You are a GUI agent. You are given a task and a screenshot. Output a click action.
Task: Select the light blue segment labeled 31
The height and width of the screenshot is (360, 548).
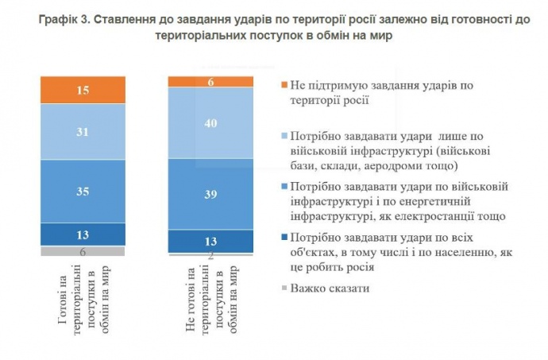coord(83,132)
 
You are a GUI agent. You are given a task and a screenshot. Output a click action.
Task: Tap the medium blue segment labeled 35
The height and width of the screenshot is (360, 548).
coord(83,191)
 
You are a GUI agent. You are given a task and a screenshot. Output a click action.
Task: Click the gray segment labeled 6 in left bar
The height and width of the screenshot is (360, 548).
coord(83,250)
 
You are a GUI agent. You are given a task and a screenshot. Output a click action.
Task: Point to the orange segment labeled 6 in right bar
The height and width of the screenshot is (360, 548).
coord(210,81)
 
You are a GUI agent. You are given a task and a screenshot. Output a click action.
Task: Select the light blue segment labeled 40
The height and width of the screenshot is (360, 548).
coord(210,123)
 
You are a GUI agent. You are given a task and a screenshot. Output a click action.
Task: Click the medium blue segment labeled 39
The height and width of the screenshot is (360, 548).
coord(210,194)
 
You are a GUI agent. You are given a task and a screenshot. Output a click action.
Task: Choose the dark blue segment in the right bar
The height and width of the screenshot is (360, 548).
coord(210,241)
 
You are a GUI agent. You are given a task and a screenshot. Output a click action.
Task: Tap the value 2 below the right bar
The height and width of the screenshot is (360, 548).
coord(210,257)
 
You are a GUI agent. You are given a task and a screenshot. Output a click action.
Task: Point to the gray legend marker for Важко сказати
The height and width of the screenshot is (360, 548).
coord(273,288)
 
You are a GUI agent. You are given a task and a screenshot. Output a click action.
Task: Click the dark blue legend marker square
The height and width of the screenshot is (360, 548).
coord(273,238)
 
